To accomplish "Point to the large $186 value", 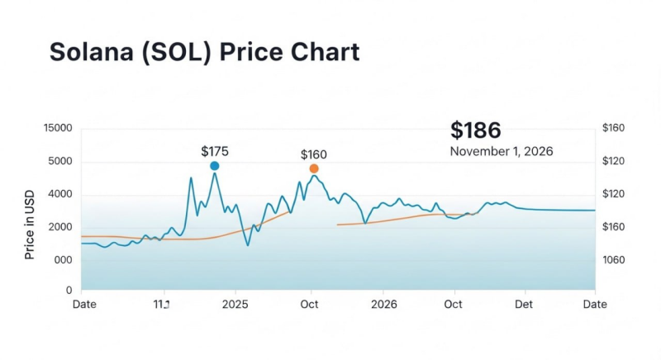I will coord(475,130).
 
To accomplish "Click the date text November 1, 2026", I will coord(501,152).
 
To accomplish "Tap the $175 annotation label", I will coord(215,151).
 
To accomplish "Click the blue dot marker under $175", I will coord(215,166).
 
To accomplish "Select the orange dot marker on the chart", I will coord(314,168).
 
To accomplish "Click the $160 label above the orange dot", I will coord(314,154).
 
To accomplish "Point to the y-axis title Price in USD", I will coord(30,225).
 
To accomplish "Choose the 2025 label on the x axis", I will coord(235,304).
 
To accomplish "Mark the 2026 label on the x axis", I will coord(383,304).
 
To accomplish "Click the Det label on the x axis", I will coord(524,304).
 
